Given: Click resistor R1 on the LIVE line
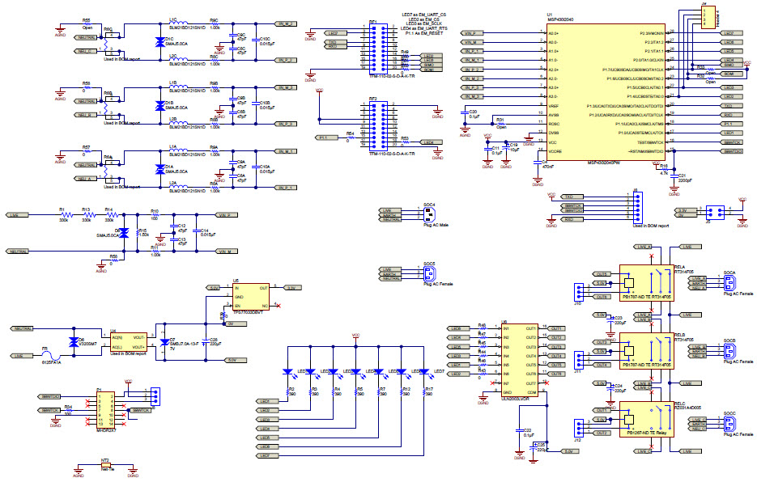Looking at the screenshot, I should [x=64, y=215].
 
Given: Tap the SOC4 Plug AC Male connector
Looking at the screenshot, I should [x=427, y=214].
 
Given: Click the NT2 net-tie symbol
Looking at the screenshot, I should [x=105, y=467].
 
